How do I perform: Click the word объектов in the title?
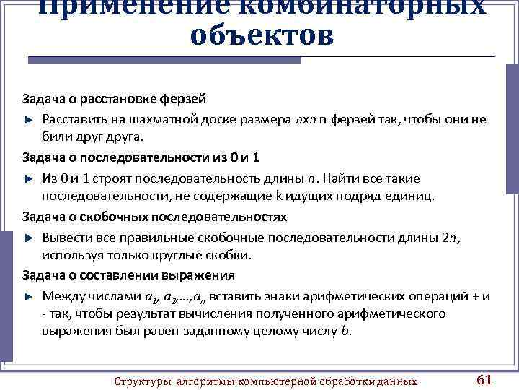[x=262, y=35]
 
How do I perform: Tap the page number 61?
[x=485, y=380]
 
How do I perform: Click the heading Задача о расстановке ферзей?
[x=114, y=98]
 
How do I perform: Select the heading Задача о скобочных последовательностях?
[x=154, y=216]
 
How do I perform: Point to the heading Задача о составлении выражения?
[x=128, y=275]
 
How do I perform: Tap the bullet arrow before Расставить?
[x=30, y=118]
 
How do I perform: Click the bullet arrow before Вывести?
[x=30, y=237]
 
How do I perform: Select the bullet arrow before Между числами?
[x=30, y=296]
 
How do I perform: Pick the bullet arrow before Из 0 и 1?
[x=30, y=178]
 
